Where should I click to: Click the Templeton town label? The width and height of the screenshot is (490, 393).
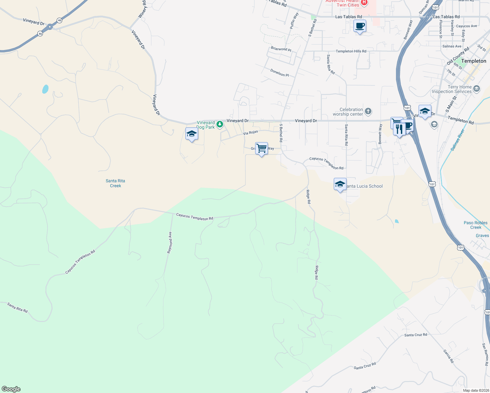point(473,61)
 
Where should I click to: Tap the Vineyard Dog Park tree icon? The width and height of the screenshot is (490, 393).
point(220,124)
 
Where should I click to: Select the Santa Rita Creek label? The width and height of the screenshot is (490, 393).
point(115,183)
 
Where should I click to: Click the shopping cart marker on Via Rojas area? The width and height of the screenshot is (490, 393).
point(261,148)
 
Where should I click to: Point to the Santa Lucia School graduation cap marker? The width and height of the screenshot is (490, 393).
point(340,184)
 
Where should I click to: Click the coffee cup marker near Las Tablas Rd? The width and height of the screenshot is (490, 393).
point(360,26)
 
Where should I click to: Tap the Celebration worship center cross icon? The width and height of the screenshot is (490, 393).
point(368,111)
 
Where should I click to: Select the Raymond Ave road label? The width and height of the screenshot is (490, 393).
point(170,242)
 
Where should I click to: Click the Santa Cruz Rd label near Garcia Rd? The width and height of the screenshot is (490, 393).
point(416,335)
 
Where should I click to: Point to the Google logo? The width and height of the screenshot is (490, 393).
point(11,389)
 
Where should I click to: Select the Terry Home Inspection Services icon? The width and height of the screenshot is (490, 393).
point(477,88)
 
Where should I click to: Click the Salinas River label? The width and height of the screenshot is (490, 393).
point(458,140)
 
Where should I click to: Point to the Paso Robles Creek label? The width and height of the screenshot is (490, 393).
point(476,225)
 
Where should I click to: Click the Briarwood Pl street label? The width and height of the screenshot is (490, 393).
point(281,49)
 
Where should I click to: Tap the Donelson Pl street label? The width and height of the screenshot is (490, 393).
point(279,73)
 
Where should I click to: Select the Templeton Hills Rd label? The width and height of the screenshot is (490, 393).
point(351,51)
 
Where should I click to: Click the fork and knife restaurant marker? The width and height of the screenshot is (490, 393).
point(399,129)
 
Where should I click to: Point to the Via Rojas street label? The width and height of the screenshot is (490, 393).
point(251,133)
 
